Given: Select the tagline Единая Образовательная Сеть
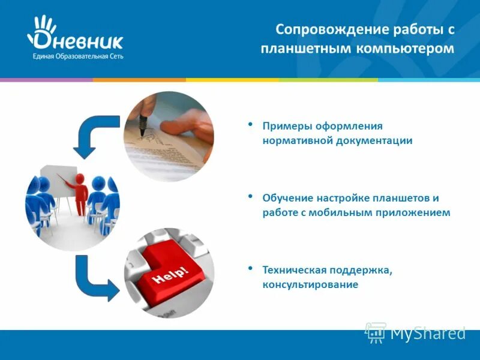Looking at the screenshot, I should pos(75,56).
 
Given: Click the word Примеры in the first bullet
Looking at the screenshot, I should pos(284,126).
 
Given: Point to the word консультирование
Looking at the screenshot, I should pos(310,284).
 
